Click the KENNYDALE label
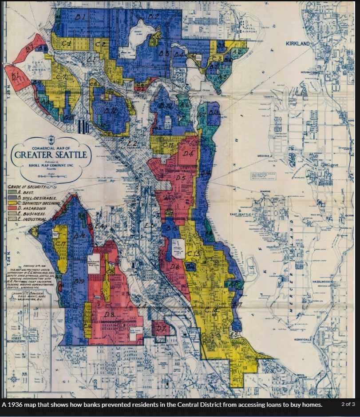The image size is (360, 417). pos(303,339)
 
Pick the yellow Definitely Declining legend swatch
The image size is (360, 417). pos(12,203)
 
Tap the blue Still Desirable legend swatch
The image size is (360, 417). pos(12,198)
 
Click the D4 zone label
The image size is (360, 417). pos(188,154)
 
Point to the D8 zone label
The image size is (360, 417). pos(110,314)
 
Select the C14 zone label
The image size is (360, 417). pos(212,310)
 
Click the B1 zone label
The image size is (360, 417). pos(80,17)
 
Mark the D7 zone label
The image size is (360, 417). pos(161,329)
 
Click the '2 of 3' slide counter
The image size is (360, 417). pos(348,404)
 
